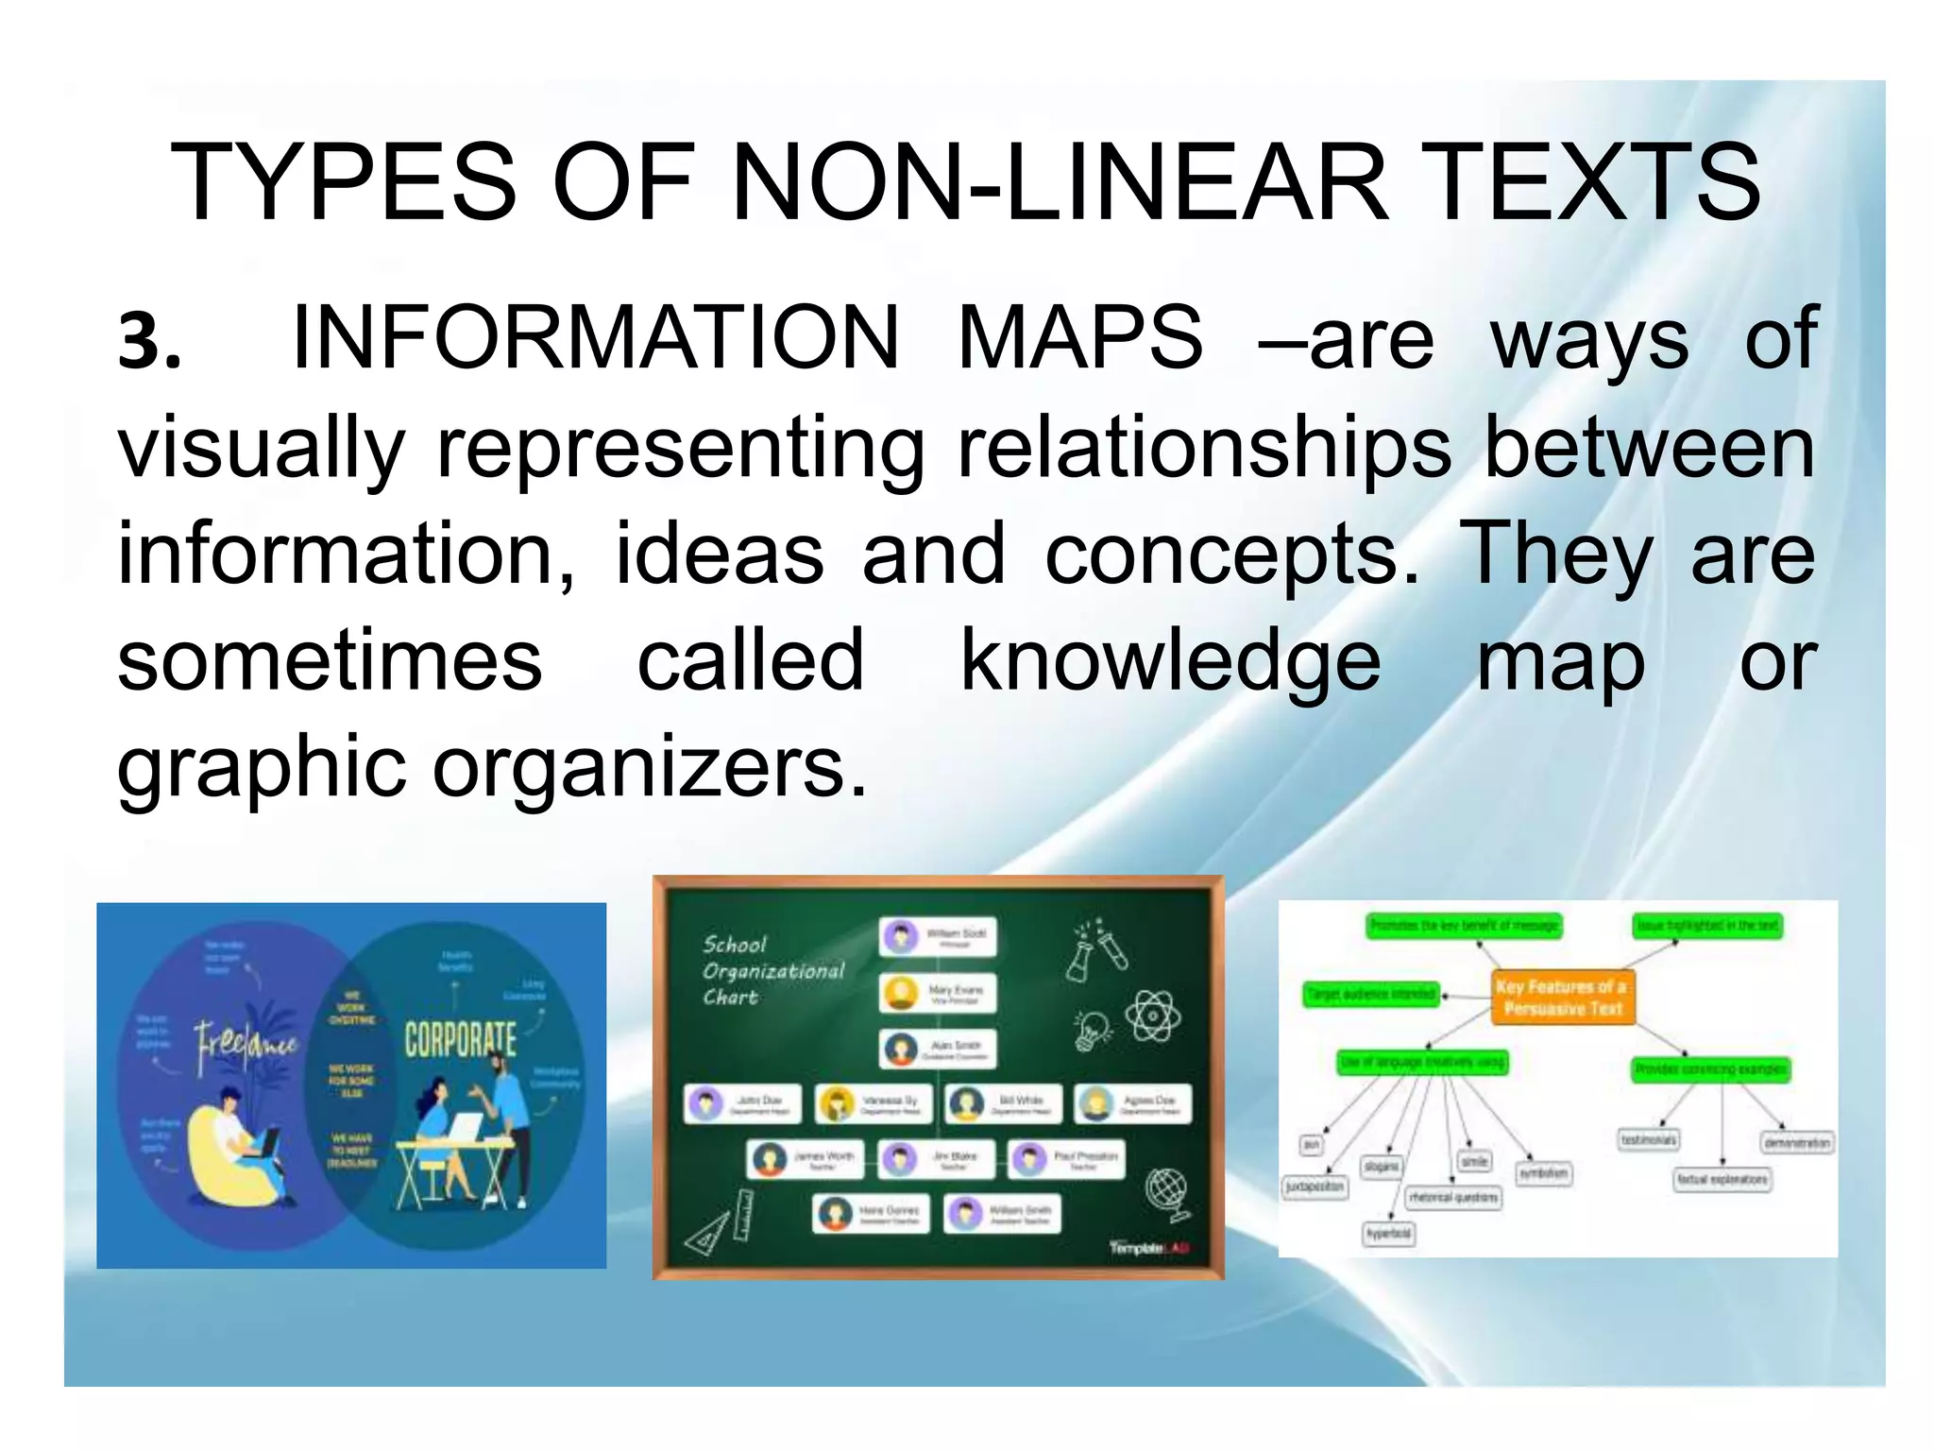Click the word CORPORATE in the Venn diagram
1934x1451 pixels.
pyautogui.click(x=461, y=1039)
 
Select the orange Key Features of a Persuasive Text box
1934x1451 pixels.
pyautogui.click(x=1563, y=998)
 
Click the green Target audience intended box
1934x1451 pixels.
pyautogui.click(x=1371, y=994)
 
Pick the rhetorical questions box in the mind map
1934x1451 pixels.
pyautogui.click(x=1453, y=1198)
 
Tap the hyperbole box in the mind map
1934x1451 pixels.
pyautogui.click(x=1389, y=1234)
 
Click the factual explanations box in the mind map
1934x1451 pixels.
pyautogui.click(x=1722, y=1179)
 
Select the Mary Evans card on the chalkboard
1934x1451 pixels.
pyautogui.click(x=938, y=993)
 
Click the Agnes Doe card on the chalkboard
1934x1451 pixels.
pyautogui.click(x=1133, y=1103)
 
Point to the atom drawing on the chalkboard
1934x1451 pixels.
pyautogui.click(x=1152, y=1016)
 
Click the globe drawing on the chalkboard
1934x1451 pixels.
pyautogui.click(x=1166, y=1192)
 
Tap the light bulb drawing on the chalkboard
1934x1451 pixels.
pyautogui.click(x=1093, y=1030)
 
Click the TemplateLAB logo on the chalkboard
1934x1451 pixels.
pyautogui.click(x=1149, y=1248)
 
